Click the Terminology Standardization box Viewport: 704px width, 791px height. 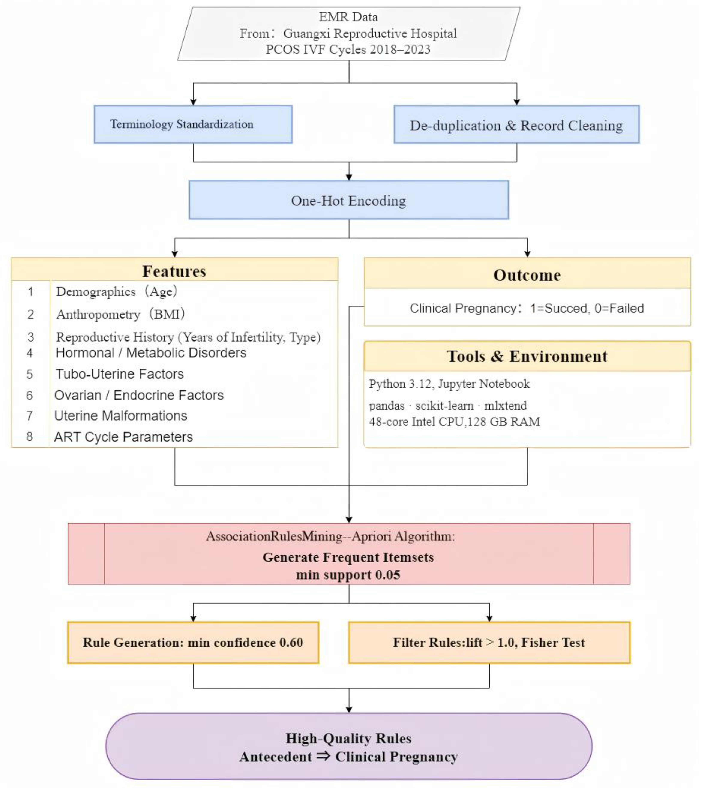[x=193, y=124]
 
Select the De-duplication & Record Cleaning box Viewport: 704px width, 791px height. [x=516, y=125]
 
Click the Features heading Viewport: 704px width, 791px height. [x=174, y=271]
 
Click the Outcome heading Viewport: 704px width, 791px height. [x=527, y=275]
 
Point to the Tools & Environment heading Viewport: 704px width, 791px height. [x=527, y=356]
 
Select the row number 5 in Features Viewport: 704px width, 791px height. [x=30, y=374]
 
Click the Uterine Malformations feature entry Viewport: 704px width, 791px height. [x=120, y=416]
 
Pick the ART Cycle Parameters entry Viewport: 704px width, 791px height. [x=123, y=437]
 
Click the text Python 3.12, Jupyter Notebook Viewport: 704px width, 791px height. [x=449, y=384]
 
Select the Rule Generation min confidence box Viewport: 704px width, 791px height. [x=193, y=642]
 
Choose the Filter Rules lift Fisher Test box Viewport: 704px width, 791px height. [x=489, y=642]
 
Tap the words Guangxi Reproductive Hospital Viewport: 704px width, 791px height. [x=370, y=33]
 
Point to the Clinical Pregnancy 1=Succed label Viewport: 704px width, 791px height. [x=527, y=308]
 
